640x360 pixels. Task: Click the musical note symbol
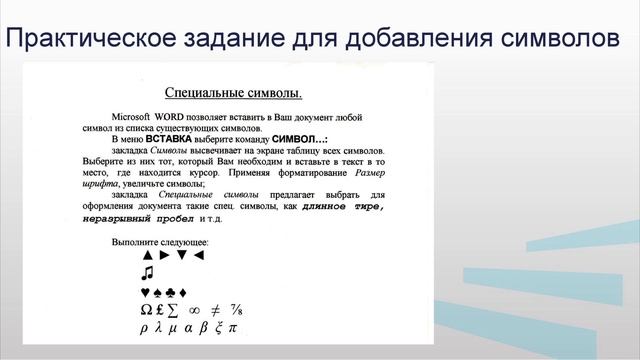[147, 273]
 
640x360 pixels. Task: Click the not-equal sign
[215, 310]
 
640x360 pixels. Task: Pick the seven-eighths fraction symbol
[237, 310]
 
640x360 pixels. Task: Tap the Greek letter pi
[233, 328]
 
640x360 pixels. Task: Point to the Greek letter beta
[202, 328]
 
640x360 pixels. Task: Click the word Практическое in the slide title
[91, 38]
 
